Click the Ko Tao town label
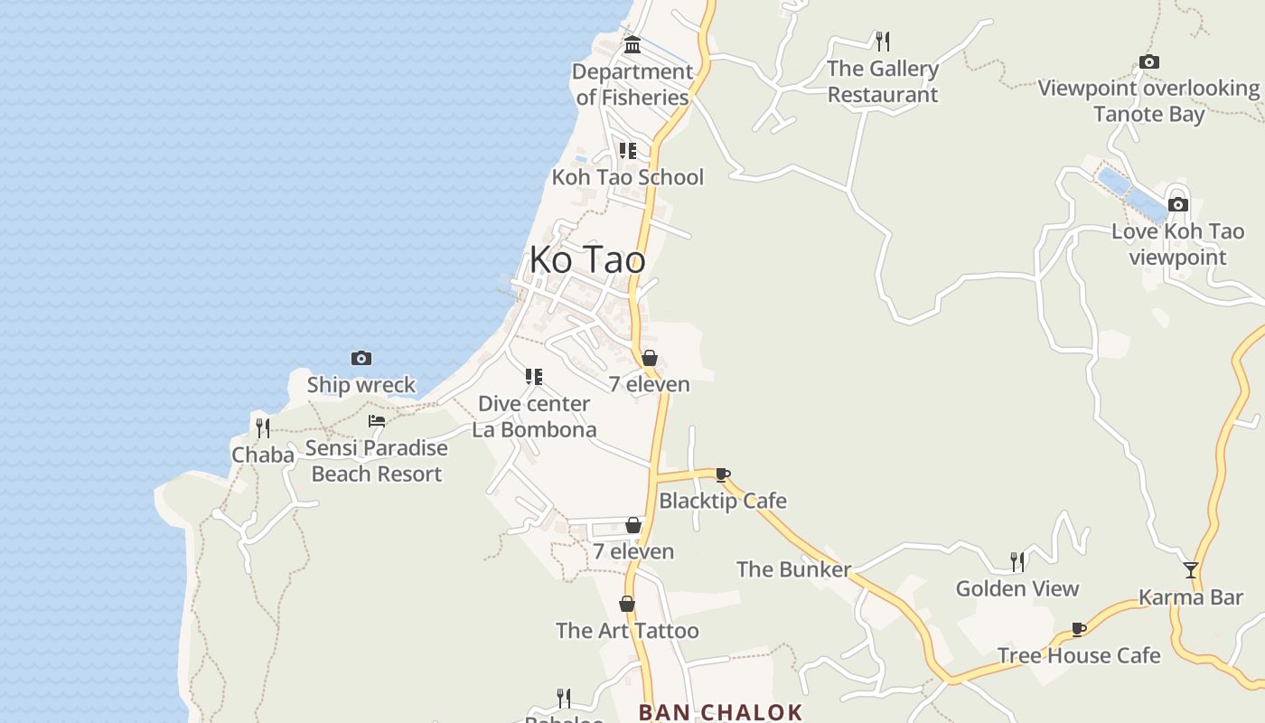click(587, 260)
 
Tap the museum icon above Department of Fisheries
click(632, 44)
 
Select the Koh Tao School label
click(627, 177)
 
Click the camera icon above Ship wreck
click(361, 359)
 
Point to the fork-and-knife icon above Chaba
click(263, 427)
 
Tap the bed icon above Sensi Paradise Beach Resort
click(377, 421)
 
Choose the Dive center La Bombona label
click(534, 417)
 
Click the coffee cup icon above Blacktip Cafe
click(722, 474)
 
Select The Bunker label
click(793, 569)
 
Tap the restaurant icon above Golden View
click(1017, 562)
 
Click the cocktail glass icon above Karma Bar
click(1191, 570)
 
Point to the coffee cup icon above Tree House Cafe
click(1078, 629)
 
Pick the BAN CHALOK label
click(720, 712)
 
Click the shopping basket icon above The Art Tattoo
click(627, 604)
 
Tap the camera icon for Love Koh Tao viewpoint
click(1177, 204)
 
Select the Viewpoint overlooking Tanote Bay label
click(1148, 101)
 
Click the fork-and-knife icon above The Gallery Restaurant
click(883, 41)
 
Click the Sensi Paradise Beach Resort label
click(377, 461)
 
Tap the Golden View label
click(1017, 589)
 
